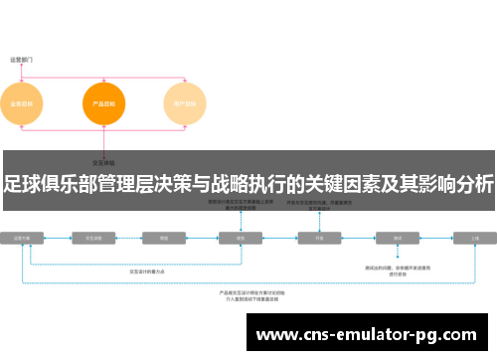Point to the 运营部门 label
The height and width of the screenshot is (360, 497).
(22, 59)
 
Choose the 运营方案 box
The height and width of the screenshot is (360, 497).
(23, 239)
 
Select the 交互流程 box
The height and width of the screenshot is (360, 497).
(95, 239)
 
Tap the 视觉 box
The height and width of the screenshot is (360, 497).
(240, 239)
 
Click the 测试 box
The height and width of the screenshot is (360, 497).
(398, 239)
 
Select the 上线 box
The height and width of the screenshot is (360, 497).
(475, 239)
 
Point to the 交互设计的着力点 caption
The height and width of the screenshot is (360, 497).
(149, 271)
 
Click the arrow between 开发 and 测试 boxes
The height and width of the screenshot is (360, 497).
(359, 239)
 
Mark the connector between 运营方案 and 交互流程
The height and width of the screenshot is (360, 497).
(59, 239)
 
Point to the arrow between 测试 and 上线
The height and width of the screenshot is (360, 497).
(437, 239)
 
